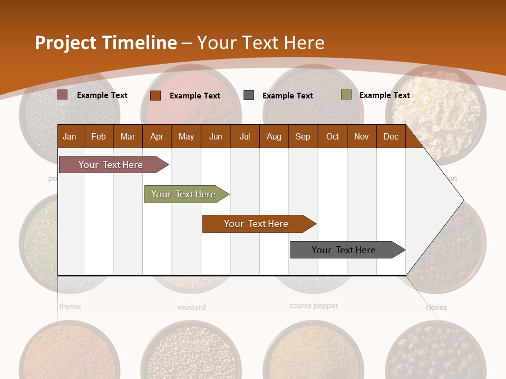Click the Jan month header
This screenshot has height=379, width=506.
pyautogui.click(x=70, y=136)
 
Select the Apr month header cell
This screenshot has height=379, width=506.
pyautogui.click(x=157, y=136)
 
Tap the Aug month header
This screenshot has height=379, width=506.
pyautogui.click(x=274, y=136)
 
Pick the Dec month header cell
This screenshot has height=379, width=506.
pyautogui.click(x=391, y=136)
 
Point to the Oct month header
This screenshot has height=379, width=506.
pyautogui.click(x=333, y=136)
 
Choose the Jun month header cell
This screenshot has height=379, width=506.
pyautogui.click(x=215, y=136)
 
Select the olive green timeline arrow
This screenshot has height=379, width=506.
pyautogui.click(x=184, y=194)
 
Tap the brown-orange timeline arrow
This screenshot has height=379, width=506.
pyautogui.click(x=257, y=224)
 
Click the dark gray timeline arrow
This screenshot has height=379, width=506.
pyautogui.click(x=345, y=250)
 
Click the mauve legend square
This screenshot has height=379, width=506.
pyautogui.click(x=63, y=95)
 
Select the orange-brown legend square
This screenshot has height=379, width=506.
pyautogui.click(x=155, y=95)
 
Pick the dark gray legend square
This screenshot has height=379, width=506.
pyautogui.click(x=249, y=95)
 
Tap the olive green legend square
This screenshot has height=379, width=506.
pyautogui.click(x=346, y=95)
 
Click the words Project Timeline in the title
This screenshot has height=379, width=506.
pyautogui.click(x=106, y=43)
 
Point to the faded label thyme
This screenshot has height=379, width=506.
pyautogui.click(x=70, y=306)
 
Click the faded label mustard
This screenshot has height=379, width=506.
pyautogui.click(x=191, y=307)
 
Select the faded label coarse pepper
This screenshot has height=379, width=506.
pyautogui.click(x=314, y=306)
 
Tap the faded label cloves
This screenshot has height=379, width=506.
pyautogui.click(x=436, y=307)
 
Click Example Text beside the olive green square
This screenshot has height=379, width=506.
pyautogui.click(x=384, y=95)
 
